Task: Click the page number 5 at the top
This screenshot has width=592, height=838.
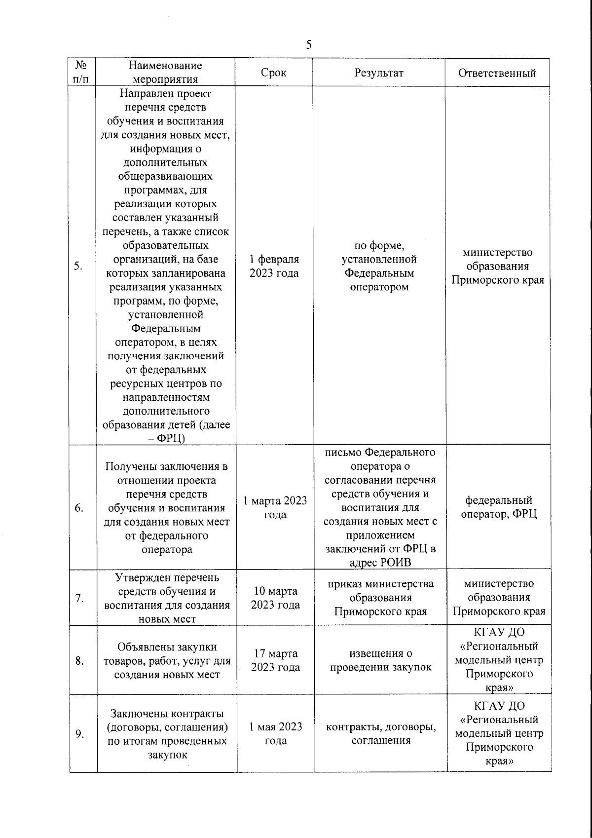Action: (308, 45)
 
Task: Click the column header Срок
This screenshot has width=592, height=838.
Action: (273, 73)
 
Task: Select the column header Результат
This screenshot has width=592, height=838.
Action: (379, 73)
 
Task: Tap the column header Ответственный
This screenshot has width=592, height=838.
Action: (497, 74)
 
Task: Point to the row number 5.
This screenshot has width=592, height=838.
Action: (78, 267)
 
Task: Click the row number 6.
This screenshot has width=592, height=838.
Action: (79, 508)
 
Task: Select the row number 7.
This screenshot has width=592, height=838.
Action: (79, 599)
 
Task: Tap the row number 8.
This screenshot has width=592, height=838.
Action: (79, 661)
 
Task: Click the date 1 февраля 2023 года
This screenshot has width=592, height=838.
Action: (274, 267)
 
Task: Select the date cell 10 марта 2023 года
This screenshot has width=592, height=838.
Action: (275, 598)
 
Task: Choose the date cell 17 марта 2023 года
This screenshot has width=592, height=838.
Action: (275, 660)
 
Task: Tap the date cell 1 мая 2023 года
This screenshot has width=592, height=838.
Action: (275, 733)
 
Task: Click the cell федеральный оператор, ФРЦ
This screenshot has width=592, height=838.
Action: (499, 507)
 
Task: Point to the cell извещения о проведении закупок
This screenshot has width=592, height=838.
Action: (380, 660)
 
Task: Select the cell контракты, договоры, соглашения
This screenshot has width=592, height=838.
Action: (381, 733)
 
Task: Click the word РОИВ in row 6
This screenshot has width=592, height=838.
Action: (395, 563)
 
